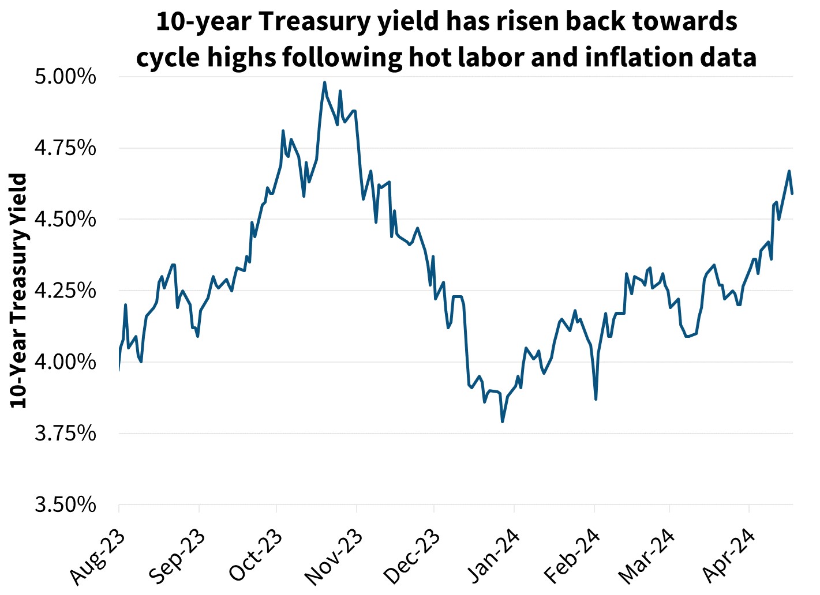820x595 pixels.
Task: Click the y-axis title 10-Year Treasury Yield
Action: [19, 291]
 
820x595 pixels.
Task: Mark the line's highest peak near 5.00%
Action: [324, 82]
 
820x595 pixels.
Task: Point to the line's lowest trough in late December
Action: [503, 421]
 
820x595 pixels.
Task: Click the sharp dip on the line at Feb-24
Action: [596, 398]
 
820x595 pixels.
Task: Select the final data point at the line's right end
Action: [792, 193]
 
